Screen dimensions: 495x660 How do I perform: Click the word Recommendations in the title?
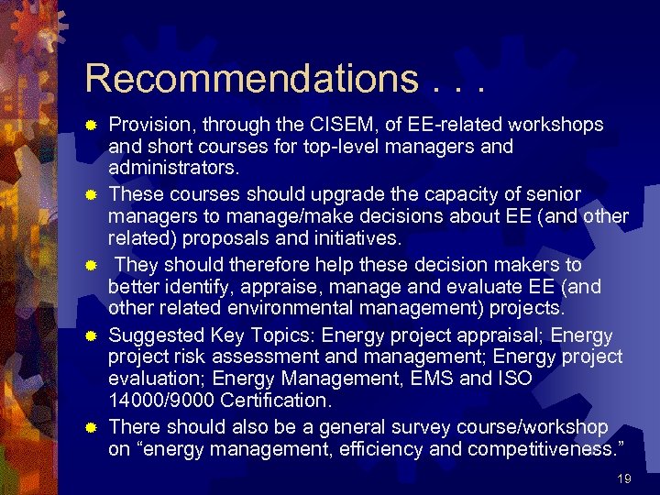click(250, 78)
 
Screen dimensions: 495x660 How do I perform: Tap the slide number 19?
click(624, 478)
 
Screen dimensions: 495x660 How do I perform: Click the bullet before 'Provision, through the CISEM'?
click(92, 124)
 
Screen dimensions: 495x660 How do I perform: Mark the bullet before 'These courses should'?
click(92, 193)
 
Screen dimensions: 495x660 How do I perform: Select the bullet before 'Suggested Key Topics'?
click(92, 335)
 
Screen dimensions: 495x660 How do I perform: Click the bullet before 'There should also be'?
click(92, 426)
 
